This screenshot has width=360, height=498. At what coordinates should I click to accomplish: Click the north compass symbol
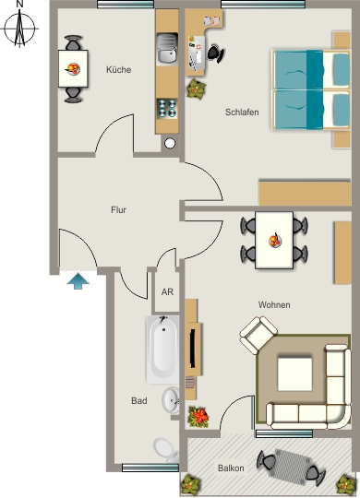[19, 29]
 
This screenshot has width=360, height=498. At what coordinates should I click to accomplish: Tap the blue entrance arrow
[78, 281]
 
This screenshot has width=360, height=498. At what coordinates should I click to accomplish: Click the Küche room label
[119, 70]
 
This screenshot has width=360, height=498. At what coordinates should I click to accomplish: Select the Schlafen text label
[242, 113]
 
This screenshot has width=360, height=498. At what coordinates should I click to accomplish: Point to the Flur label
[118, 210]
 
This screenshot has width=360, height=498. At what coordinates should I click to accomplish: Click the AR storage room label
[167, 291]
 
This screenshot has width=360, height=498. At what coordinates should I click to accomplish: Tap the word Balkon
[231, 468]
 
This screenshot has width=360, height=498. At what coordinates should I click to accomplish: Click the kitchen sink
[167, 49]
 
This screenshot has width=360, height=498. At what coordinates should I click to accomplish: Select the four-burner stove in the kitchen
[167, 108]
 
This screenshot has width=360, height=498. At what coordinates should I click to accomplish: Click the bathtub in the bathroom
[162, 350]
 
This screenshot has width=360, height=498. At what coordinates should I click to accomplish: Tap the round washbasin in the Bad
[171, 400]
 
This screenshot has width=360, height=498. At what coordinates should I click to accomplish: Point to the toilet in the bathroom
[166, 450]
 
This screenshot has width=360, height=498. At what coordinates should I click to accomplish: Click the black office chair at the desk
[216, 53]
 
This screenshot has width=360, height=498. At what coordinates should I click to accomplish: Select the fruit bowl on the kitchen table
[73, 68]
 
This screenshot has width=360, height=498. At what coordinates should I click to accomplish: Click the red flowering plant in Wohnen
[198, 416]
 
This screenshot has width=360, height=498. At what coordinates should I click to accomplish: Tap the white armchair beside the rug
[258, 335]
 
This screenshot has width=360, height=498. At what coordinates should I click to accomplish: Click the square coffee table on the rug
[294, 374]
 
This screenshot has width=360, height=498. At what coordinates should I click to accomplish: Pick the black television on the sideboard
[192, 349]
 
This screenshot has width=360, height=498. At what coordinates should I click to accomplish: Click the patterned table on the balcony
[292, 465]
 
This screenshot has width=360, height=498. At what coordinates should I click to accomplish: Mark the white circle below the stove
[170, 143]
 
